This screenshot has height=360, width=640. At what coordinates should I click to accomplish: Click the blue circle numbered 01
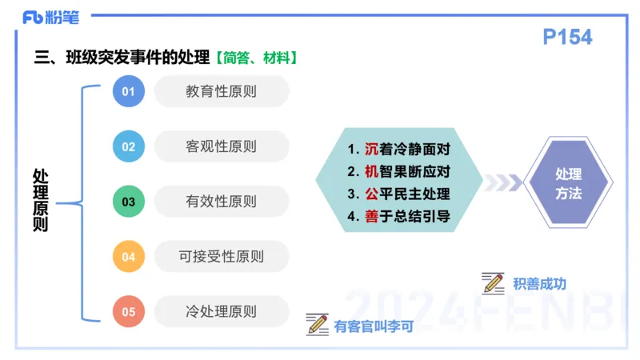click(x=128, y=91)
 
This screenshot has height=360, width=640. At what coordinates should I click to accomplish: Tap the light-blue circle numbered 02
click(x=128, y=146)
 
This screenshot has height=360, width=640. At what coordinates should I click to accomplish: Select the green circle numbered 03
click(x=128, y=202)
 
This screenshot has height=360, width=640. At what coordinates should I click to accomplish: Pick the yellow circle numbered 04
click(x=128, y=257)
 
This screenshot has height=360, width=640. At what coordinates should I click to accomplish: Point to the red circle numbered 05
click(x=128, y=312)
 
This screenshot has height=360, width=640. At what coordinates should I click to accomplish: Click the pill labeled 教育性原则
click(x=221, y=91)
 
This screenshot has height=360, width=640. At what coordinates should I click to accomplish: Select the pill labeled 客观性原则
click(x=221, y=146)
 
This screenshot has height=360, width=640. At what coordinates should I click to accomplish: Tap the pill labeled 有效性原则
click(x=221, y=202)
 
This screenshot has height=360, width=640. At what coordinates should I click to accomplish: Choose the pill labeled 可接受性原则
click(x=221, y=257)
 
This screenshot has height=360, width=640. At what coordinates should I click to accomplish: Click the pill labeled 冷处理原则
click(x=221, y=312)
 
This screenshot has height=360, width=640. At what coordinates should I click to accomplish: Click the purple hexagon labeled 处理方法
click(x=568, y=183)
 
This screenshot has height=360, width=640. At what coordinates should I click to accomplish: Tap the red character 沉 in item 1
click(x=372, y=150)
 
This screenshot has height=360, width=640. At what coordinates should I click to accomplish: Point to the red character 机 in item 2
click(x=372, y=172)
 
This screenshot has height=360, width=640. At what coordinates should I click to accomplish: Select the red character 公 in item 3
click(x=372, y=194)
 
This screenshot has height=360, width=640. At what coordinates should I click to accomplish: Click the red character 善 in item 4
click(x=372, y=217)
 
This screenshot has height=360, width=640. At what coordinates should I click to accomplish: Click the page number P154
click(x=567, y=37)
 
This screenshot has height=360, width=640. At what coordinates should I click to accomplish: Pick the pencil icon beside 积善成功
click(x=493, y=282)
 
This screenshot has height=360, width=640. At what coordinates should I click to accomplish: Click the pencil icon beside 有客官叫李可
click(x=318, y=324)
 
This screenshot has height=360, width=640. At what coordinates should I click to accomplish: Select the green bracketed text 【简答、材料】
click(x=257, y=58)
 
